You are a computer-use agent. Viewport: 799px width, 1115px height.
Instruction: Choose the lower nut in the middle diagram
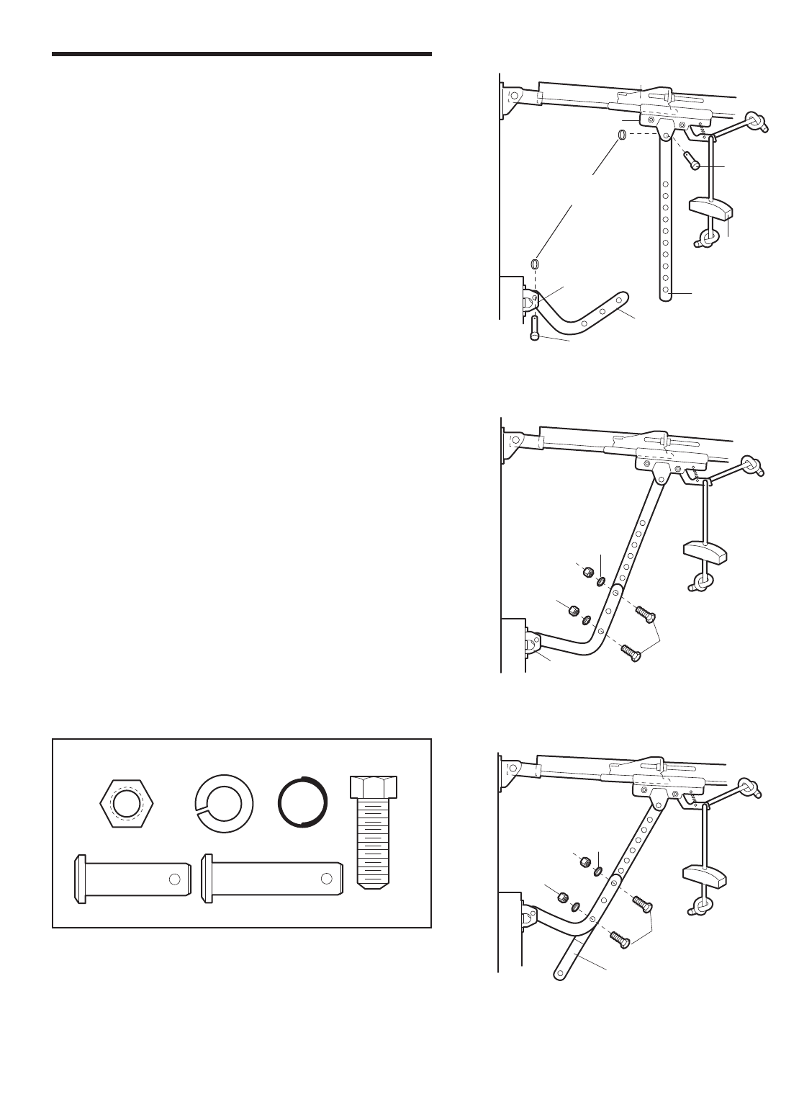572,612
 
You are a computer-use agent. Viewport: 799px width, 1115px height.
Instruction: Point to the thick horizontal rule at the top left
241,54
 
